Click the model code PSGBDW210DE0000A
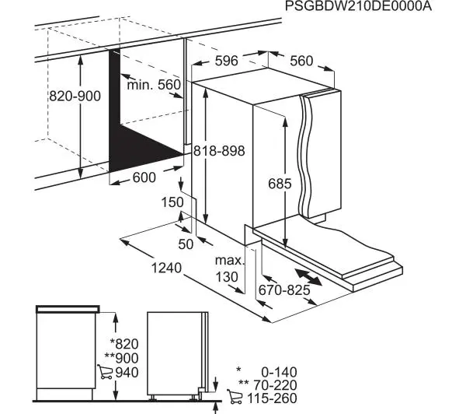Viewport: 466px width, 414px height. [358, 6]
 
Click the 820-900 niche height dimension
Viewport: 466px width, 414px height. [75, 96]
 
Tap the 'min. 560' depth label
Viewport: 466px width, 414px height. [154, 85]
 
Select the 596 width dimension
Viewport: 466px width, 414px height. [227, 61]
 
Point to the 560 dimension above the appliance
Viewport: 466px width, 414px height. [301, 61]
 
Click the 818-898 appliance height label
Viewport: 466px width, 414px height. [219, 151]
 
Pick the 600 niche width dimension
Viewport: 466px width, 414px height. [144, 177]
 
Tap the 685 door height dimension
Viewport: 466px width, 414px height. [280, 184]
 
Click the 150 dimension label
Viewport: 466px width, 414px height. [172, 202]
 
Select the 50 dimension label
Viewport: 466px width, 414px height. [186, 244]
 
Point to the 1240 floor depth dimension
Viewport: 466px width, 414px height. [166, 268]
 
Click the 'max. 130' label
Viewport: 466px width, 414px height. [229, 268]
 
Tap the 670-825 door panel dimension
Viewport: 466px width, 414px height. [284, 289]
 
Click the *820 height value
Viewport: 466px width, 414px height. [124, 344]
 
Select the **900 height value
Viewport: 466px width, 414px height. [122, 358]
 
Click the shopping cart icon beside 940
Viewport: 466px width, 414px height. [105, 372]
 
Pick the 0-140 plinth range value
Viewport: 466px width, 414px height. [279, 372]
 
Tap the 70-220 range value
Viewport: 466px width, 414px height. [275, 385]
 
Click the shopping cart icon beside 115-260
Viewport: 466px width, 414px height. [235, 397]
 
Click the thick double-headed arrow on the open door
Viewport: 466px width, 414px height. [308, 277]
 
